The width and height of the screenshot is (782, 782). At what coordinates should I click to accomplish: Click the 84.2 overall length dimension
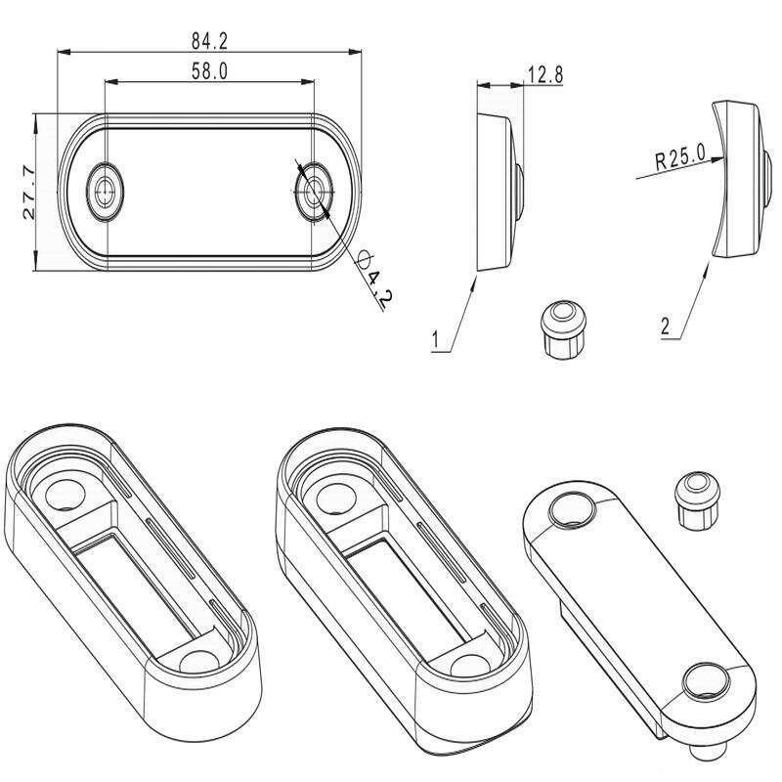pos(209,41)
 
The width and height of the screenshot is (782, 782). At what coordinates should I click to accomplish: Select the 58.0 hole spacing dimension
pos(209,71)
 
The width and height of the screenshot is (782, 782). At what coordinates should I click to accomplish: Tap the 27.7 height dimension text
pos(29,192)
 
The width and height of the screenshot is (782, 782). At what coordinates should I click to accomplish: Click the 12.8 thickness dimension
pos(545,75)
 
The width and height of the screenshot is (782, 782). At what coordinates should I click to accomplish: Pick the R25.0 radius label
pos(680,157)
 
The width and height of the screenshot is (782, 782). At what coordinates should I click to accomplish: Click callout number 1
pos(435,339)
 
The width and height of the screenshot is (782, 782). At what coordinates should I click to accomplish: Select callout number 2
pos(666,326)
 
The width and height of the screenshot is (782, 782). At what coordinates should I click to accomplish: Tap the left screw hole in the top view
pos(105,191)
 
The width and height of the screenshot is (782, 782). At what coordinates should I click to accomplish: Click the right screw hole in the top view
pos(314,191)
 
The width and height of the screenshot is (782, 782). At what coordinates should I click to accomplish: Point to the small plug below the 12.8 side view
pos(563,329)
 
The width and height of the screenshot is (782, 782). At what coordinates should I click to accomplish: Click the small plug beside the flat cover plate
pos(697,500)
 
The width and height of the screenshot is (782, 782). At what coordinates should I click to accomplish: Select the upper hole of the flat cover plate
pos(572,509)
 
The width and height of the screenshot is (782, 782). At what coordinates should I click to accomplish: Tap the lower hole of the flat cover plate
pos(706,680)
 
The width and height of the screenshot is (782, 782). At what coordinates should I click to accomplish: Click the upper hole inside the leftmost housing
pos(65,495)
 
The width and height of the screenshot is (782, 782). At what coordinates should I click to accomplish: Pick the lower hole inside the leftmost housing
pos(199,662)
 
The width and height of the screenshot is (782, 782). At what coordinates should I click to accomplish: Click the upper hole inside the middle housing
pos(336,499)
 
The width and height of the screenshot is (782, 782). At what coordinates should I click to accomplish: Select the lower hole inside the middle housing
pos(471,665)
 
